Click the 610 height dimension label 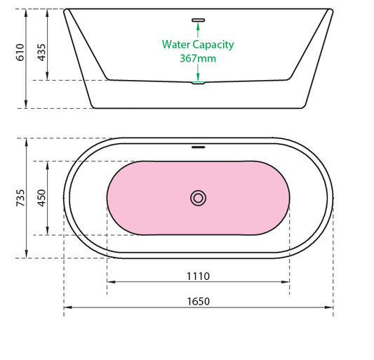(x=20, y=53)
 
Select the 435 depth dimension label (x=41, y=53)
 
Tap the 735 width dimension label (x=20, y=198)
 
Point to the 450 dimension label (x=41, y=198)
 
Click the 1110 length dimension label (x=198, y=276)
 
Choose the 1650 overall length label (x=198, y=301)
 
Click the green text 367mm (x=198, y=58)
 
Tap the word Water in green (x=176, y=44)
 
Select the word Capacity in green (x=213, y=45)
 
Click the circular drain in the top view (x=198, y=198)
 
